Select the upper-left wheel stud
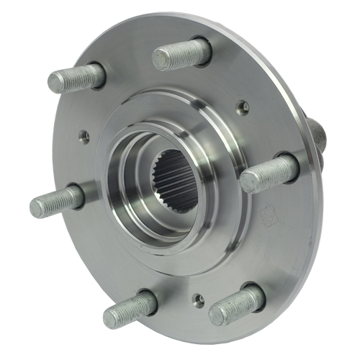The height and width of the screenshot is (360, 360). (76, 78)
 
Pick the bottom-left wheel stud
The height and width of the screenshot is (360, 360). (130, 307)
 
